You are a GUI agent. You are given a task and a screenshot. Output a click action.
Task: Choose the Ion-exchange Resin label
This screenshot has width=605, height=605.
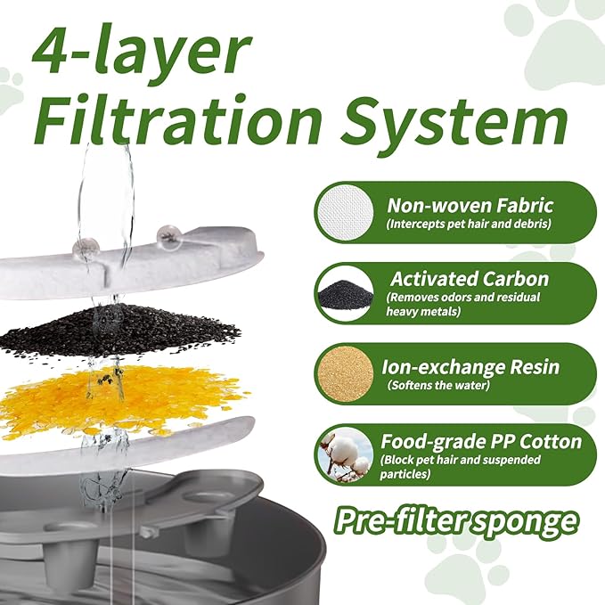click(x=469, y=365)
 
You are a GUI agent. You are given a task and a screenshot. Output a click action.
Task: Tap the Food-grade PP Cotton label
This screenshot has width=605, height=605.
click(x=481, y=440)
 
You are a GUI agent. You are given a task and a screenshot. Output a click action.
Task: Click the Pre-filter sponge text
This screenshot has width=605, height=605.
click(x=455, y=519)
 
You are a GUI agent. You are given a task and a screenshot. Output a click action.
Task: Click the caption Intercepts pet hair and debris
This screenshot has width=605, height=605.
click(x=469, y=224)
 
